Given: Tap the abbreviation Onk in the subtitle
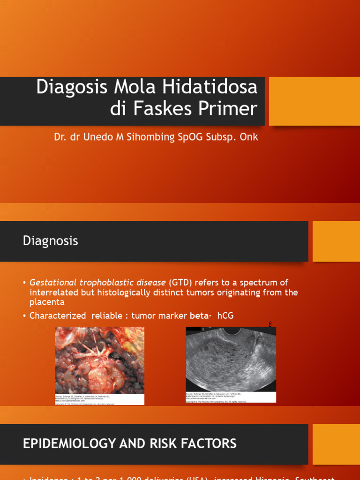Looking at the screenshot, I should point(249,137).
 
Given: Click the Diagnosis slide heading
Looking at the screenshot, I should point(50,241).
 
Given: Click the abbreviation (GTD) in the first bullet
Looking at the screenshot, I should point(180,283).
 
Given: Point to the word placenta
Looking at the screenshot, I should point(47,302).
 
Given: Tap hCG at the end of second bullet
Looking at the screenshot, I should point(225,316).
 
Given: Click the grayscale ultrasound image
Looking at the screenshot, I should point(231,359).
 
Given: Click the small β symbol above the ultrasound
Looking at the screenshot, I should point(270,324).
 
